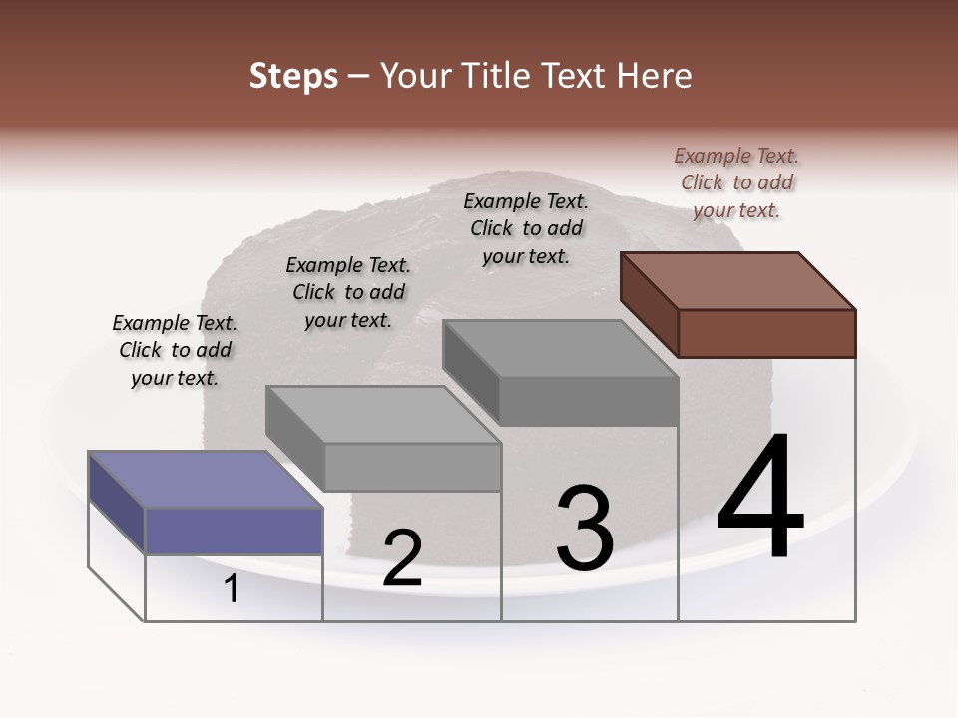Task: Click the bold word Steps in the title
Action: [x=293, y=76]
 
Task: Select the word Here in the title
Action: [x=654, y=76]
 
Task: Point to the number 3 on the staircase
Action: [x=585, y=528]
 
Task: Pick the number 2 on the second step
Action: [x=402, y=558]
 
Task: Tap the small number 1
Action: [x=232, y=588]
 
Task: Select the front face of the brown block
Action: [x=766, y=333]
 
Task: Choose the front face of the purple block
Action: [x=234, y=531]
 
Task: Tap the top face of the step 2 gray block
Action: [x=383, y=415]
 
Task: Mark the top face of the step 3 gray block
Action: [x=561, y=348]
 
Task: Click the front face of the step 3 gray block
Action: [x=589, y=402]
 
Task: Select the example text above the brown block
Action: [x=736, y=182]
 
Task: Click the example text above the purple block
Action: [x=175, y=350]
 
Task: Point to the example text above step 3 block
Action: [x=526, y=228]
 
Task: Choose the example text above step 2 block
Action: [x=348, y=292]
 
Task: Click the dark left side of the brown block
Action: [x=649, y=303]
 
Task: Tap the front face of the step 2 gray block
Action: [x=412, y=467]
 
